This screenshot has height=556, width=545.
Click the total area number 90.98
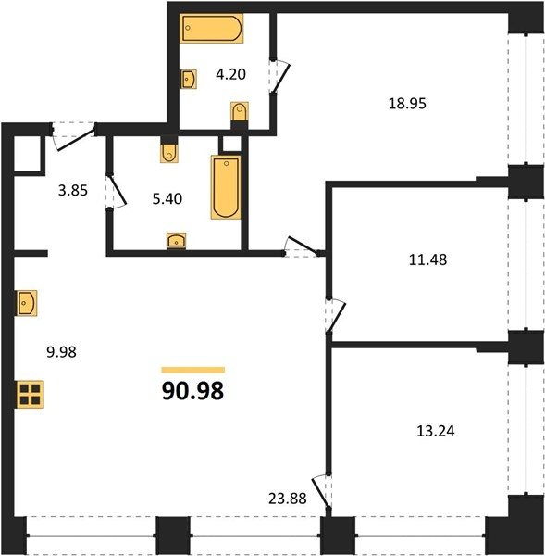(192, 391)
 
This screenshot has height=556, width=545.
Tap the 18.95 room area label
(407, 104)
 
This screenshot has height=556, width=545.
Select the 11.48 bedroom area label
(427, 259)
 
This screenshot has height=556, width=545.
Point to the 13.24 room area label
(436, 431)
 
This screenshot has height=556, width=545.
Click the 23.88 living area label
(287, 499)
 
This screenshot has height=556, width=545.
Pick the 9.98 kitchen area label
(62, 352)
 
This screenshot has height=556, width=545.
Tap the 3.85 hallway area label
(73, 190)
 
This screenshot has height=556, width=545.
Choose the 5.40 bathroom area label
(167, 198)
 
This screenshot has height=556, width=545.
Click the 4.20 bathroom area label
(231, 74)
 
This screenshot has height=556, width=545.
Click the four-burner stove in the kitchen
(30, 395)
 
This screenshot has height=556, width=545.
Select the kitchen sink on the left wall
(27, 303)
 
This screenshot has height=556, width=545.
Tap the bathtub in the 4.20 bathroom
(211, 29)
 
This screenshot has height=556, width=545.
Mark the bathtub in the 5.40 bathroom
(226, 187)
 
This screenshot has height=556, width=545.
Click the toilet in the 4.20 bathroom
(240, 112)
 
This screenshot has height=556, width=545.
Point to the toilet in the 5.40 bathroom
(169, 153)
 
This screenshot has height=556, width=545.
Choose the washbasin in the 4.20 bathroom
(189, 79)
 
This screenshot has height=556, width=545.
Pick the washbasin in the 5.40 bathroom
(177, 240)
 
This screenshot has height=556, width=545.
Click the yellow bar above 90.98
(193, 370)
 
